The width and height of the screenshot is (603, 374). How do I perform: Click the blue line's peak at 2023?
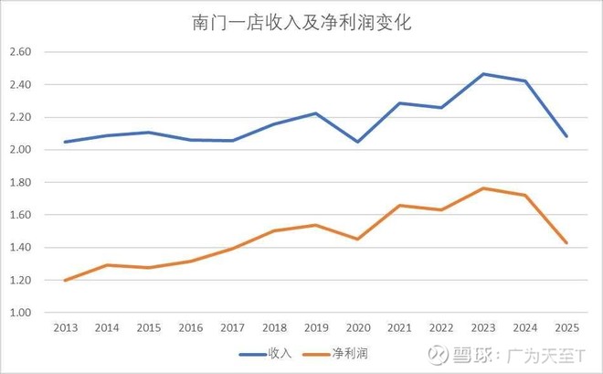pyautogui.click(x=483, y=74)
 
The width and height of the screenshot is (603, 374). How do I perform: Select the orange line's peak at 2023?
pyautogui.click(x=483, y=188)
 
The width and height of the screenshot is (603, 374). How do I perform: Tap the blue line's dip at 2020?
pyautogui.click(x=357, y=142)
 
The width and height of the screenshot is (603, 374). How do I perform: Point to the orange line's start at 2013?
pyautogui.click(x=65, y=280)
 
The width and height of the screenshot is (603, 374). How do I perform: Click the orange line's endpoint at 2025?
pyautogui.click(x=567, y=243)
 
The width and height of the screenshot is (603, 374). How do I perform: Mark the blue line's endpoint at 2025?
pyautogui.click(x=567, y=136)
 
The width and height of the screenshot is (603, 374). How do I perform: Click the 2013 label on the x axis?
pyautogui.click(x=65, y=327)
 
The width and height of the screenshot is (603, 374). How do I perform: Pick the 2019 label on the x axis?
pyautogui.click(x=316, y=327)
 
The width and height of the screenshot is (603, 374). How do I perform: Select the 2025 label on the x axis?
pyautogui.click(x=567, y=327)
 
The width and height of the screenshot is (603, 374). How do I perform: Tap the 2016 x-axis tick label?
pyautogui.click(x=190, y=327)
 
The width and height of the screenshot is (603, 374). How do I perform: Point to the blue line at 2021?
pyautogui.click(x=399, y=103)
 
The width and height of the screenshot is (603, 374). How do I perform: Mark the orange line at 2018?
pyautogui.click(x=274, y=230)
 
